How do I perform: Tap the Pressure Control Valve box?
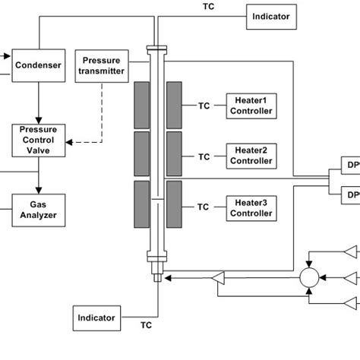(x=39, y=140)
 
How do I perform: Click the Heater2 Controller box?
(x=251, y=156)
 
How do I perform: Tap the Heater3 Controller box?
(x=251, y=208)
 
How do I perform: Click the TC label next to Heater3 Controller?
(x=204, y=207)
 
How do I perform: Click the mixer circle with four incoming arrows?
(x=309, y=278)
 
